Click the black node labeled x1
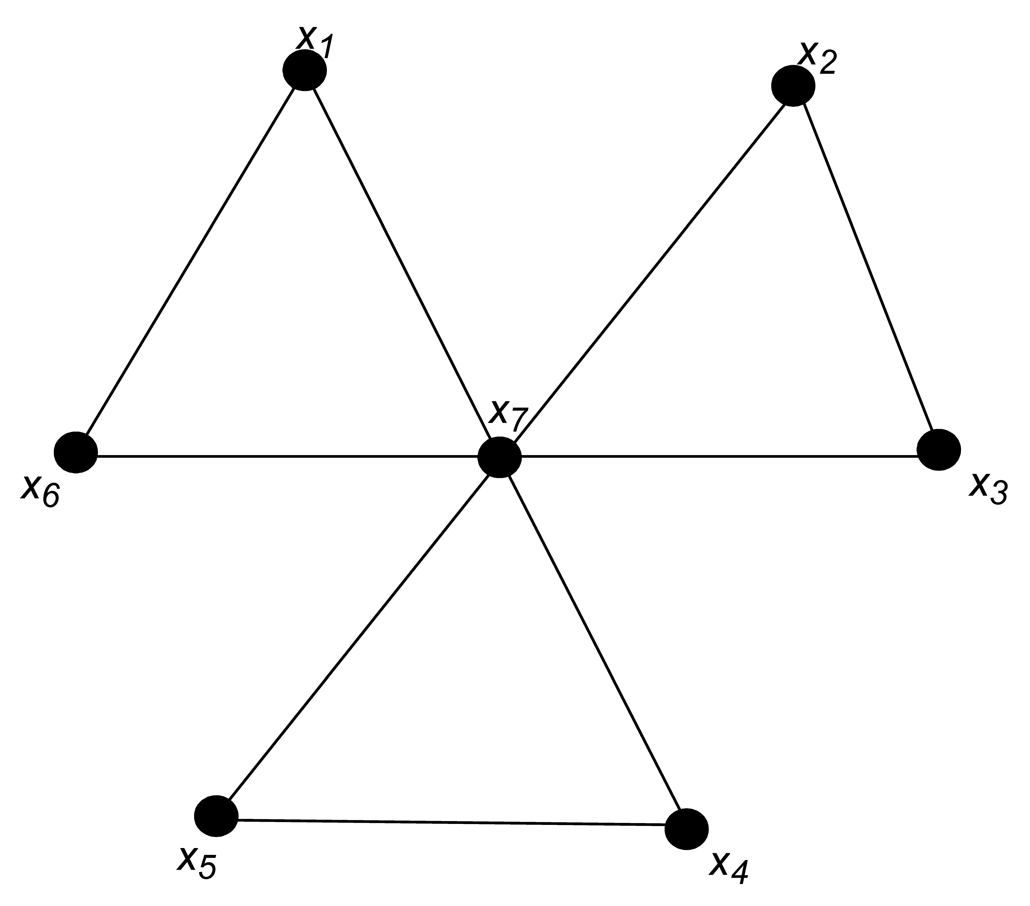[304, 70]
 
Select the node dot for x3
[938, 450]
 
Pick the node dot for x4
[686, 829]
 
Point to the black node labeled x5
[216, 816]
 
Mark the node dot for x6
[76, 452]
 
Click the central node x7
[499, 456]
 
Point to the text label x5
[197, 863]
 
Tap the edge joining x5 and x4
[451, 823]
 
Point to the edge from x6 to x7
[287, 456]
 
